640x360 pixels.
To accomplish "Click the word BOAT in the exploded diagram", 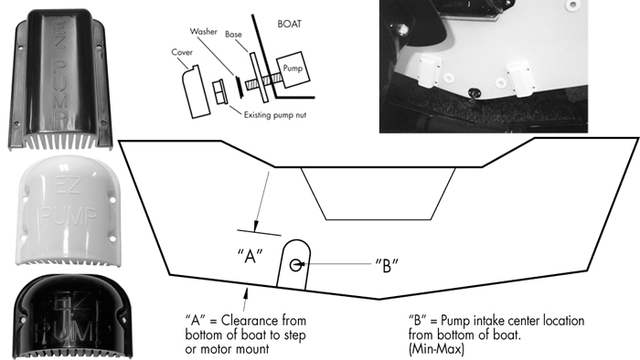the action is click(290, 24).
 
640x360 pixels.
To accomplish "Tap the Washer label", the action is click(203, 31).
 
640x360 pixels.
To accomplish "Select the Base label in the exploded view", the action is click(233, 35).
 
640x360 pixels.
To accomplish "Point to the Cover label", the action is click(182, 52).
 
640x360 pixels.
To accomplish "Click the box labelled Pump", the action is click(293, 69).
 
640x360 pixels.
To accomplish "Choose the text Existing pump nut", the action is click(275, 115).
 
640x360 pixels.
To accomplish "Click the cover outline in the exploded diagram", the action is click(196, 91).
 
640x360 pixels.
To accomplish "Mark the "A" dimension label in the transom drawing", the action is click(251, 256).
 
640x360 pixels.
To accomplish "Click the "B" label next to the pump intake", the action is click(387, 265).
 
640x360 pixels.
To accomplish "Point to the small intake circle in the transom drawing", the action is click(295, 265).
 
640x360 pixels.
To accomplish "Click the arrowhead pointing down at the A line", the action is click(256, 228).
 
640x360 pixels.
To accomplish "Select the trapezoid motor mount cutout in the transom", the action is click(379, 194).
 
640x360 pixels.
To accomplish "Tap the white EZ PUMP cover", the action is click(68, 210).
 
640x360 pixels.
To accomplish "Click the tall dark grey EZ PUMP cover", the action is click(60, 79).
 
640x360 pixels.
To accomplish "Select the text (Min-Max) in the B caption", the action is click(436, 349).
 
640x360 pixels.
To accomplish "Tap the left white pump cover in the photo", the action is click(430, 69).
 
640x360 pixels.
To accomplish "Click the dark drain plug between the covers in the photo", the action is click(474, 93).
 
